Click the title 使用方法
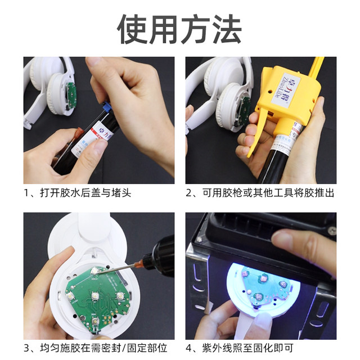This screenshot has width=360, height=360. [x=179, y=28]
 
